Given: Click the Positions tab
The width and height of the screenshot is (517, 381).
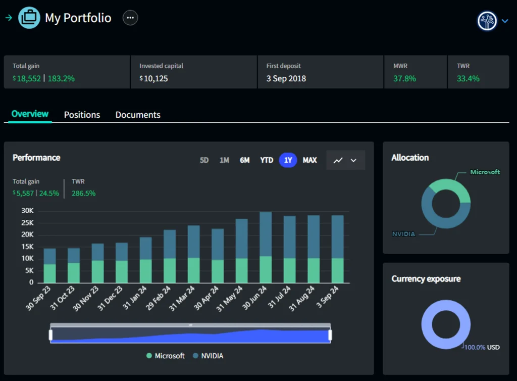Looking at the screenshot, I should pyautogui.click(x=82, y=115).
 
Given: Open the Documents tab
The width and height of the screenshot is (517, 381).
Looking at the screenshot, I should pyautogui.click(x=138, y=115).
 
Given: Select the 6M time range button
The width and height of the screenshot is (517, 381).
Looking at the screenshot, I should pyautogui.click(x=245, y=160).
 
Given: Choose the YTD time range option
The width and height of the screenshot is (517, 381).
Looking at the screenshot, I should pyautogui.click(x=267, y=160).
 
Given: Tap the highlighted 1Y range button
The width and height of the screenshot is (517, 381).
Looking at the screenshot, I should pyautogui.click(x=288, y=160).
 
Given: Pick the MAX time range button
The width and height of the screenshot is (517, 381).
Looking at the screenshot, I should pyautogui.click(x=310, y=160).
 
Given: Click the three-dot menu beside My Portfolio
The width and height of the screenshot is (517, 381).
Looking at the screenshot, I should pyautogui.click(x=130, y=18).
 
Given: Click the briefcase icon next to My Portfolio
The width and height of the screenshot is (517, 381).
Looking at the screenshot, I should pyautogui.click(x=29, y=18).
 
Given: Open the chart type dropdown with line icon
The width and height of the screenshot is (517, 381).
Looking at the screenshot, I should pyautogui.click(x=345, y=160).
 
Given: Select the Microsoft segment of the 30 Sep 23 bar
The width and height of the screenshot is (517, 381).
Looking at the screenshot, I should pyautogui.click(x=49, y=273).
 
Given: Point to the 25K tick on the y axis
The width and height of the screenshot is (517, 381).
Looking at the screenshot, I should pyautogui.click(x=27, y=223).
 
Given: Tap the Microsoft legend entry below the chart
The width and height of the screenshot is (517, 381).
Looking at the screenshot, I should pyautogui.click(x=165, y=356).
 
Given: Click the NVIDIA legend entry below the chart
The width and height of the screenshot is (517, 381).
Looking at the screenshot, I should pyautogui.click(x=208, y=356).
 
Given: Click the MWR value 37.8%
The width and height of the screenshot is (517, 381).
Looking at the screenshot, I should pyautogui.click(x=404, y=78).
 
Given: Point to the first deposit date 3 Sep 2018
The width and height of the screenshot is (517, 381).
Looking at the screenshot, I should pyautogui.click(x=286, y=78).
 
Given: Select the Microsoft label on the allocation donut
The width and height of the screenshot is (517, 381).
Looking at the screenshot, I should pyautogui.click(x=485, y=172).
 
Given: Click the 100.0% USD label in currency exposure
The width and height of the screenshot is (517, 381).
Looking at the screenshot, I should pyautogui.click(x=482, y=347).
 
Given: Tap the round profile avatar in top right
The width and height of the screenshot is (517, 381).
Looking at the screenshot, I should pyautogui.click(x=487, y=21).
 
